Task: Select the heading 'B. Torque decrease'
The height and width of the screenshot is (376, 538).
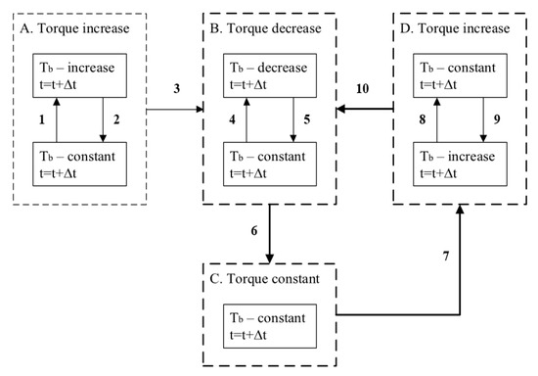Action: coord(265,27)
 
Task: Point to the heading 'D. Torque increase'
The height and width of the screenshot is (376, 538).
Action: coord(455,27)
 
